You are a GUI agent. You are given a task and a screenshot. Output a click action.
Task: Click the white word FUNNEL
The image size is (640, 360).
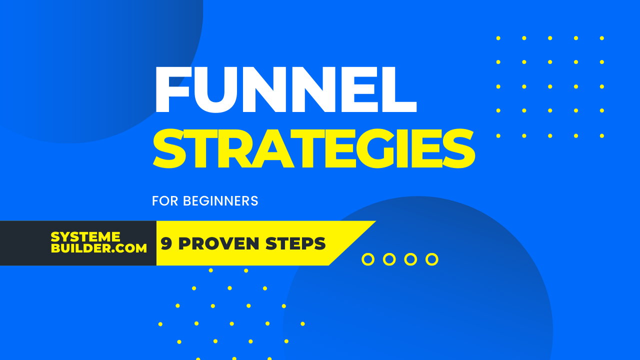[285, 90]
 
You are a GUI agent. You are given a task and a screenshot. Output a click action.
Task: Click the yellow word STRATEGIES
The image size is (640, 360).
[313, 149]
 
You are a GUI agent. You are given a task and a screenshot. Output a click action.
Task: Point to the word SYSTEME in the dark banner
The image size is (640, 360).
[85, 237]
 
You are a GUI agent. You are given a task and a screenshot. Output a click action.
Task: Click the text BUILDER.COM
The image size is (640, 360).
[99, 248]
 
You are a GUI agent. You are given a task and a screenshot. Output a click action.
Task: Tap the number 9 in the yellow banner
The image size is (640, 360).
[167, 243]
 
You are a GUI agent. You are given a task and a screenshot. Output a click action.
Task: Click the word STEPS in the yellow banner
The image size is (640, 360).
[295, 243]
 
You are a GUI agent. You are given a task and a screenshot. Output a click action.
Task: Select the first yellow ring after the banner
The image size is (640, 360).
[368, 259]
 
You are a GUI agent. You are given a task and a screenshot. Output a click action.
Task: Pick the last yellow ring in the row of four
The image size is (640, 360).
[432, 259]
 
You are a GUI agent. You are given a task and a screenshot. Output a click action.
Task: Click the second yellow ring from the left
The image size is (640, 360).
[389, 259]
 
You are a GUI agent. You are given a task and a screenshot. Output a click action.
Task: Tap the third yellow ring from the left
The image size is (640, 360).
[410, 259]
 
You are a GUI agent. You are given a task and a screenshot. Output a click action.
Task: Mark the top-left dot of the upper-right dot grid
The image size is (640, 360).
[498, 38]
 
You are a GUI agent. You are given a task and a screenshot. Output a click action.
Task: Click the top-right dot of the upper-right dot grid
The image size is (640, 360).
[602, 38]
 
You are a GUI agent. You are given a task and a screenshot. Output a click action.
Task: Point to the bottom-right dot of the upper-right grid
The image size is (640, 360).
[602, 135]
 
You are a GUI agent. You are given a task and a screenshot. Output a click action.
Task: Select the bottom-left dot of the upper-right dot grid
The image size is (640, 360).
[498, 135]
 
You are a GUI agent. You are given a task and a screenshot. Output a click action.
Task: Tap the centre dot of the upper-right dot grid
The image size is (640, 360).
[550, 86]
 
